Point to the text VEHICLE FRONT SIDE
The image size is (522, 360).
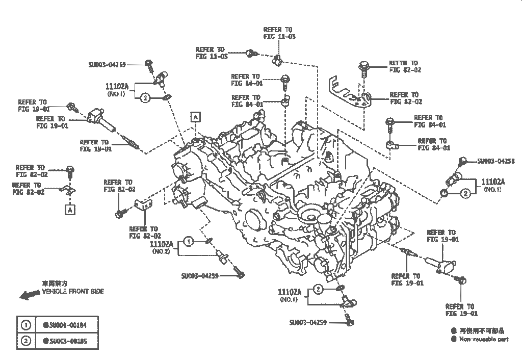pos(72,291)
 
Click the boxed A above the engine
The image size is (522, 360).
pos(195,117)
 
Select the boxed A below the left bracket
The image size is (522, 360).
pos(69,208)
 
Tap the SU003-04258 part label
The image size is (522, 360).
pos(495,161)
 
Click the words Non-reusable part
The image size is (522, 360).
pos(484,339)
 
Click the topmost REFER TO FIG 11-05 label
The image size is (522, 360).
pos(279,33)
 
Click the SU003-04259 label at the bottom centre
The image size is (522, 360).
pos(307,322)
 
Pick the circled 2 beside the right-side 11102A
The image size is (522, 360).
pos(465,193)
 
